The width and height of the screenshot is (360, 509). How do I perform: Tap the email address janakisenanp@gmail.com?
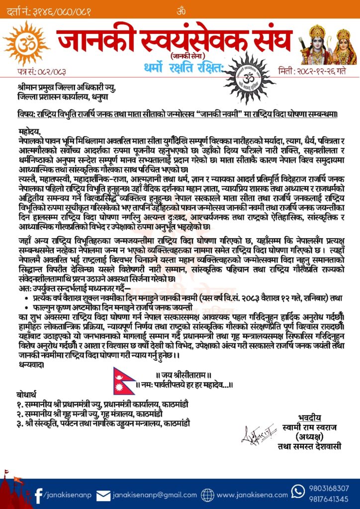[155, 495]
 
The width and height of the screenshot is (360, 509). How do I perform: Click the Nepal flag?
[124, 381]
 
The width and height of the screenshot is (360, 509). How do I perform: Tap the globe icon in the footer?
[208, 495]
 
